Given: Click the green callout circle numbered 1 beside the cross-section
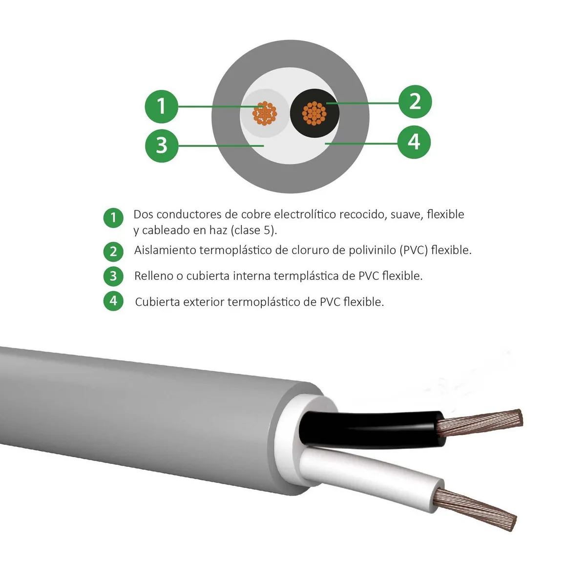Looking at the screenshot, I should tap(162, 106).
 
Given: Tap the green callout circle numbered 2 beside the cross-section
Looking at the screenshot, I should tap(415, 102).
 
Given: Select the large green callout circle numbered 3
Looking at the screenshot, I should tap(162, 145).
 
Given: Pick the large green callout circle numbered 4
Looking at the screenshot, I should tap(414, 142).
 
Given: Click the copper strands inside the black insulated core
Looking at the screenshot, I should tap(314, 113).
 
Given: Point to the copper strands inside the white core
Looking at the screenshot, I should tap(265, 114).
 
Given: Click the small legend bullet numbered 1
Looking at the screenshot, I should tap(113, 217).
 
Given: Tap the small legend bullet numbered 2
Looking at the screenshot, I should tap(113, 251).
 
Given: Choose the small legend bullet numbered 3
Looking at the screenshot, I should tap(113, 276).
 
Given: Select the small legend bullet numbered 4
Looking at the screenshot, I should tap(113, 301).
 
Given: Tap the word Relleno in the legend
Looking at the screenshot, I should tap(153, 276).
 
